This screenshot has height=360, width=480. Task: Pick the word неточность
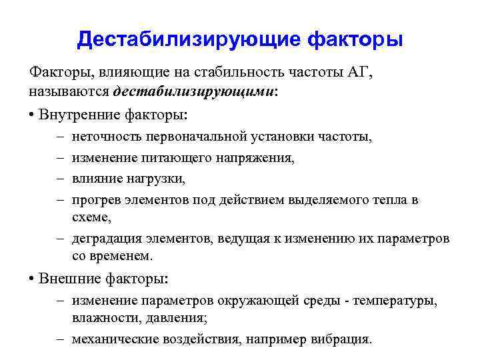(104, 137)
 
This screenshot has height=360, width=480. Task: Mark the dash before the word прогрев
(59, 200)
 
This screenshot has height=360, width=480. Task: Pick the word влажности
(105, 318)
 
